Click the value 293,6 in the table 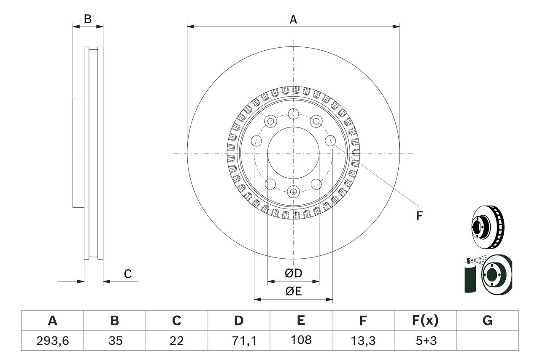click(52, 340)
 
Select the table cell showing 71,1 click(239, 340)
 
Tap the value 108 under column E click(301, 340)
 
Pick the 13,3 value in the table click(363, 340)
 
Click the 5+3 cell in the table click(425, 340)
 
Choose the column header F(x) click(425, 321)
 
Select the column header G click(487, 321)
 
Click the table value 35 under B click(114, 340)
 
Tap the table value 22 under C click(176, 340)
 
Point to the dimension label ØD click(294, 273)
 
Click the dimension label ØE click(294, 291)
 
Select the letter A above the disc click(293, 19)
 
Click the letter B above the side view click(87, 19)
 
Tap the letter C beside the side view click(128, 274)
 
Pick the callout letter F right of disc click(419, 216)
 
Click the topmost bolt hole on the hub click(293, 113)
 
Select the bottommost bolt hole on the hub click(293, 192)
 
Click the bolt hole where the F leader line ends click(330, 141)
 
